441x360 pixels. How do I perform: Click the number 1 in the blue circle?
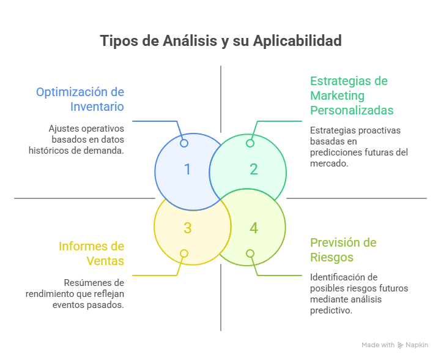187,170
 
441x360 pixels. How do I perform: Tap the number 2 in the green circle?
254,170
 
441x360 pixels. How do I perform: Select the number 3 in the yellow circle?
187,228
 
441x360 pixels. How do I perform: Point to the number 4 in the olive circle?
254,228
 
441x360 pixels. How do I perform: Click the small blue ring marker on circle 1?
184,143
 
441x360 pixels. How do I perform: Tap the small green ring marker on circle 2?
250,143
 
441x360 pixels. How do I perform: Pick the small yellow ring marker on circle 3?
184,253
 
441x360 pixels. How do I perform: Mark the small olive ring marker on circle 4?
250,253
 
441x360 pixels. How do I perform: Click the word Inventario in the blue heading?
97,107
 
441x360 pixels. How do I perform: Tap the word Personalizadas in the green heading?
352,110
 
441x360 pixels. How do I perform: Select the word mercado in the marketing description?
328,163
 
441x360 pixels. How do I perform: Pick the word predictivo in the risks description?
331,310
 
